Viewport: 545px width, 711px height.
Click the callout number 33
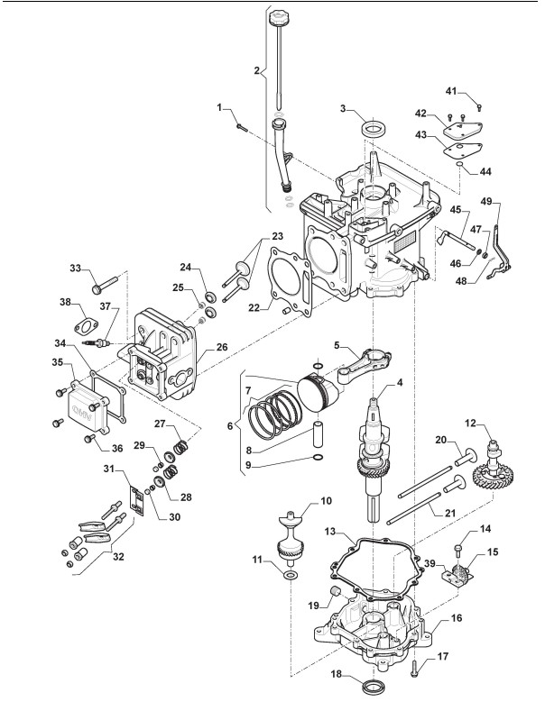point(76,268)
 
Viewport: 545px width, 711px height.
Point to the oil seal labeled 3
point(372,127)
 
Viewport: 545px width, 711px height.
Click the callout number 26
point(222,347)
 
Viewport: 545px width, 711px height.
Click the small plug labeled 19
point(336,591)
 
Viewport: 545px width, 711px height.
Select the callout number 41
point(451,91)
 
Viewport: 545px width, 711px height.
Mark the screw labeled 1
point(241,127)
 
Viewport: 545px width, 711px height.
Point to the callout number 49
point(486,201)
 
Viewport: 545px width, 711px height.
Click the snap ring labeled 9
point(319,457)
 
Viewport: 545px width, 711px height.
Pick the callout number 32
point(118,556)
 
